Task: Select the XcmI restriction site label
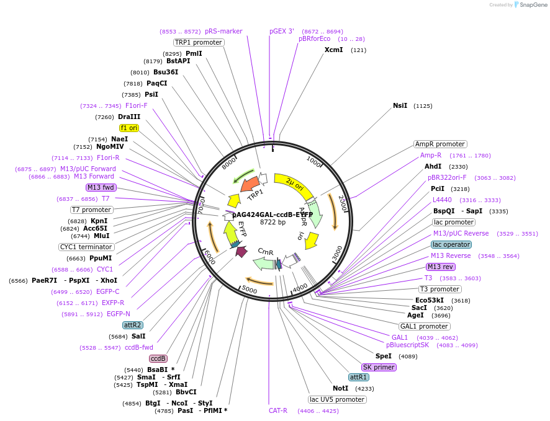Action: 333,50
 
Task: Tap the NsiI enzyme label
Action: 400,105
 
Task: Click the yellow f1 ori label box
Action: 129,128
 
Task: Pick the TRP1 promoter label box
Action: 198,42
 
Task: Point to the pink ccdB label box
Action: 158,358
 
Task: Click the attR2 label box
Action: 133,325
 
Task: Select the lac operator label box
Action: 452,244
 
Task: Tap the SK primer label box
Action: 379,367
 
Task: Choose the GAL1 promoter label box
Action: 425,326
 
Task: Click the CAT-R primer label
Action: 277,410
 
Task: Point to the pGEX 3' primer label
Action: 282,31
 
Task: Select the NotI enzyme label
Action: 341,388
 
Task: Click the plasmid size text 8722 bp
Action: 273,222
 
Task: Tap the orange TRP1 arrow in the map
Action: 250,184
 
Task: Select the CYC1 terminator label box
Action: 86,246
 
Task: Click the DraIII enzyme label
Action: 129,117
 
